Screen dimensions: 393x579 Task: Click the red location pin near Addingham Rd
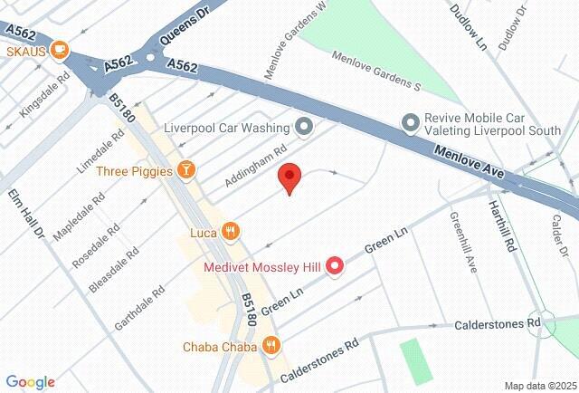(x=289, y=177)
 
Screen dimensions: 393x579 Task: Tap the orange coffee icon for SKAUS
(x=61, y=51)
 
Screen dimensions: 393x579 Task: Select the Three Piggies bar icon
(x=186, y=169)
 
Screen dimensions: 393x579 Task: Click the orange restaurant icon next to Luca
(x=231, y=233)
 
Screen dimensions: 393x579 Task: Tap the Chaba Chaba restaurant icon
(x=271, y=345)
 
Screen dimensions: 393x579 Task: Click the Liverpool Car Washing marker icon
(x=305, y=127)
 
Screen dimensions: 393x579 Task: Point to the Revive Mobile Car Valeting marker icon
(x=412, y=121)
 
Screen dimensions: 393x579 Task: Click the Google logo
(x=30, y=382)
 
